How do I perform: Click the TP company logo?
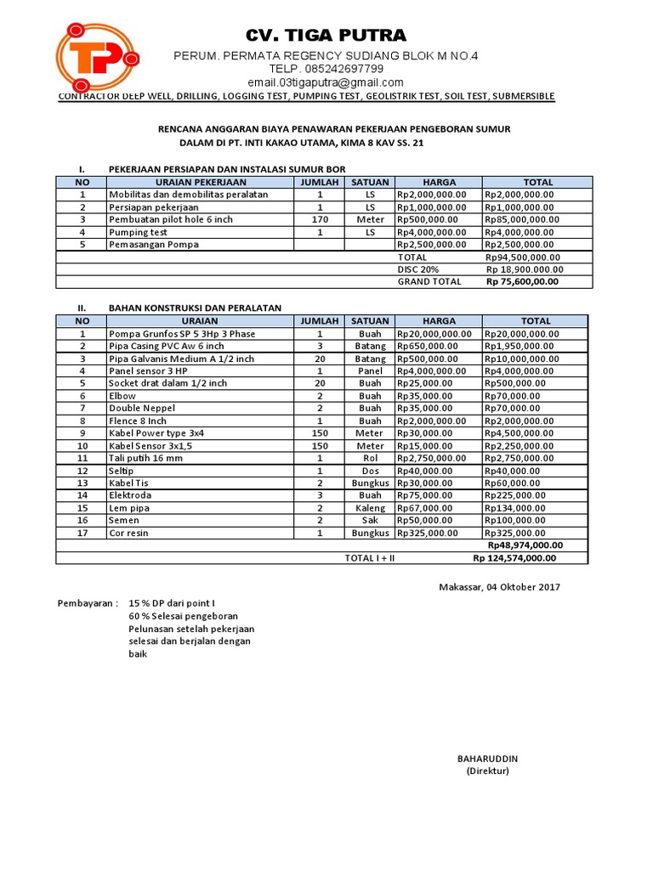[96, 57]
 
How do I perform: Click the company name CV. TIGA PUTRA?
[326, 35]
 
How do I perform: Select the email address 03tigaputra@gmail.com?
[326, 82]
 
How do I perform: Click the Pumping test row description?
[138, 232]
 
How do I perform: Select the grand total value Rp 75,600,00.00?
[523, 282]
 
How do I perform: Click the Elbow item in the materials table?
[122, 396]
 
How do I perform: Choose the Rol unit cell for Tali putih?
[370, 458]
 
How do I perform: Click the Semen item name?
[124, 520]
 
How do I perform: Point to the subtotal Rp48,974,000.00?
[525, 545]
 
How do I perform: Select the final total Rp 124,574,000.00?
[514, 558]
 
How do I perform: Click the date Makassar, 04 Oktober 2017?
[499, 588]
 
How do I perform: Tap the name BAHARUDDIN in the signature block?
[487, 758]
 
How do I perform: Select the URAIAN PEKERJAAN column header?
[201, 182]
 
